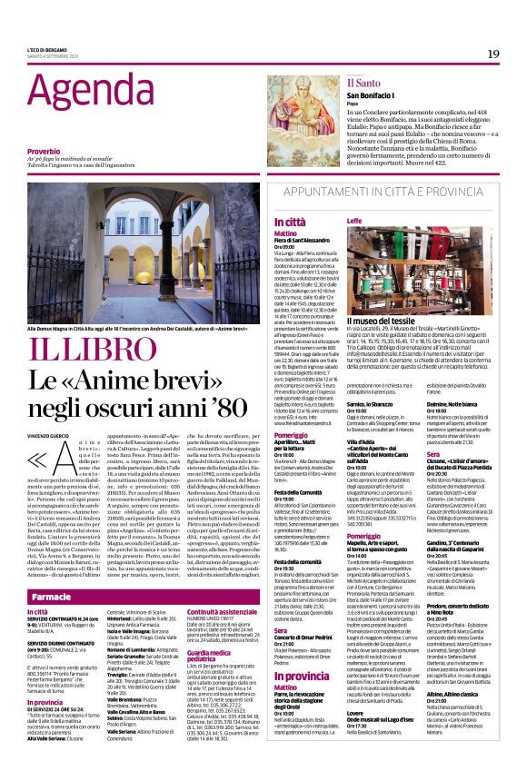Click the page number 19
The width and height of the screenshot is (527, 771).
(x=492, y=54)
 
